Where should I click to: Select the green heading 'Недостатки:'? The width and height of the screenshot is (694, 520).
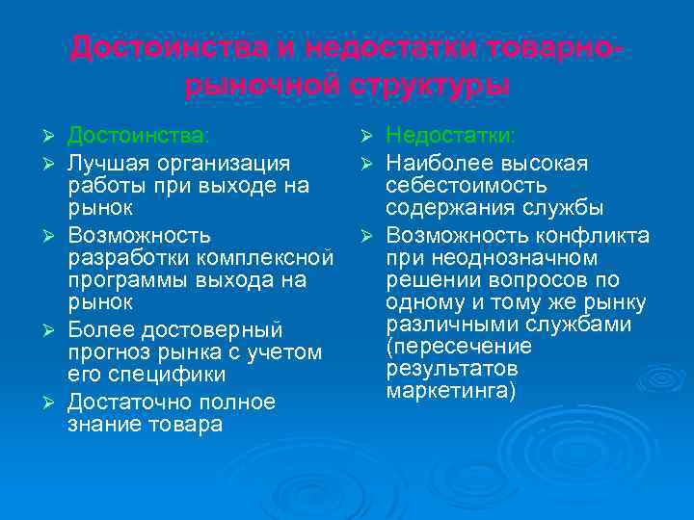click(x=450, y=135)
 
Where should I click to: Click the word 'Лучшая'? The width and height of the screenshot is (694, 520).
click(x=103, y=160)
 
